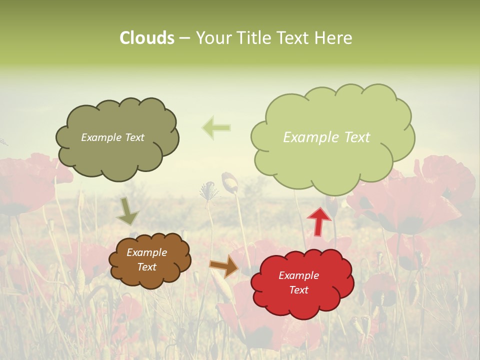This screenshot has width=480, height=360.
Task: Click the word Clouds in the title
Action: [x=146, y=38]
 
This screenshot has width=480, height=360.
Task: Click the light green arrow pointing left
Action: [x=217, y=127]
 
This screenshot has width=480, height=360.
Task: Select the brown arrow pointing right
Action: [x=224, y=266]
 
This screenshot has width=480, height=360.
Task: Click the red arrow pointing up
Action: [x=319, y=220]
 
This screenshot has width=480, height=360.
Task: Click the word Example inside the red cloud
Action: [x=298, y=275]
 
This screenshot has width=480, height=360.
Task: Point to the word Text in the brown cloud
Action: [x=146, y=267]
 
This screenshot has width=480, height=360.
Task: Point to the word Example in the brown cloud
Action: [x=146, y=252]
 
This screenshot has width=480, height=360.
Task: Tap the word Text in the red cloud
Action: [x=298, y=290]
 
